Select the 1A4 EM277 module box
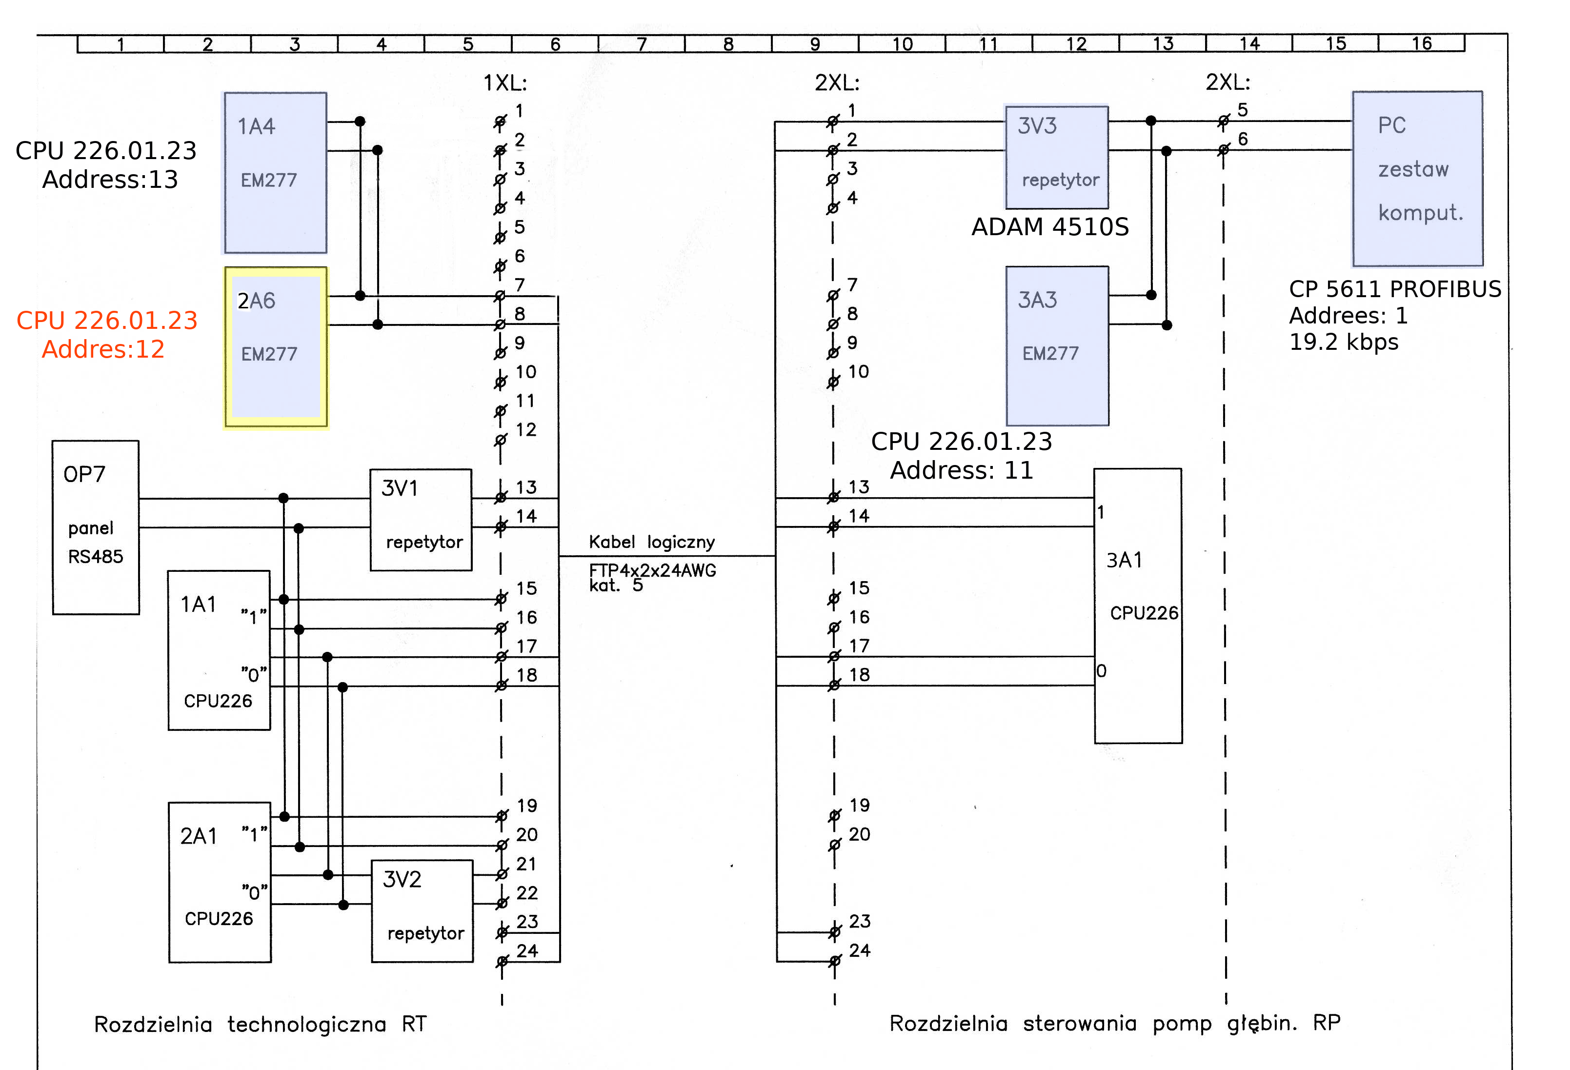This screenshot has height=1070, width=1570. (x=276, y=173)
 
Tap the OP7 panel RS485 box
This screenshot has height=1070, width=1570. (x=96, y=527)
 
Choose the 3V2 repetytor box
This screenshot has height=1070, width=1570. (x=422, y=910)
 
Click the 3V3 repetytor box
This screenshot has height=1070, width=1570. (x=1057, y=157)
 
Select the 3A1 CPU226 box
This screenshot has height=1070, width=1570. (x=1138, y=606)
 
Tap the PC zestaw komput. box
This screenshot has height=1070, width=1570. (x=1417, y=179)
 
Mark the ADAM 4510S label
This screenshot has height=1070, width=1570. (x=1050, y=227)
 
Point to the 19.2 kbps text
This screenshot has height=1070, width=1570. (x=1343, y=342)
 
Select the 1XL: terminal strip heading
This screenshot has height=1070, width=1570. (x=504, y=83)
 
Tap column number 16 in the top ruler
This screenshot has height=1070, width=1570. (x=1421, y=43)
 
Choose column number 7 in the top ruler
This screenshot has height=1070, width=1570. (x=641, y=44)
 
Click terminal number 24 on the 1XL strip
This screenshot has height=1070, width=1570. (x=527, y=950)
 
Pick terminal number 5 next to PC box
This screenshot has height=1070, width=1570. (x=1242, y=109)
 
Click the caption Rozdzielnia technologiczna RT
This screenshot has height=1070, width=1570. (x=260, y=1024)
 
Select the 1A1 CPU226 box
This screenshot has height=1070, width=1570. (x=219, y=650)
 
